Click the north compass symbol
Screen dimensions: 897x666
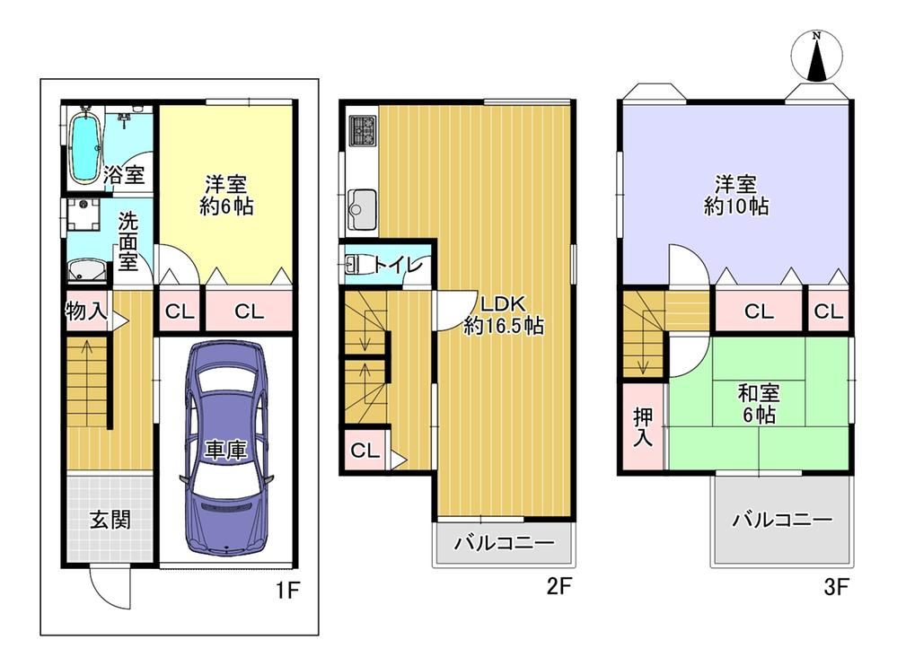[x=817, y=56]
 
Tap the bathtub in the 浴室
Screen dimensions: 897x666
[x=85, y=147]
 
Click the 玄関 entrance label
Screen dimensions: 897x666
[x=110, y=520]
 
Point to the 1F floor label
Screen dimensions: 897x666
[x=287, y=590]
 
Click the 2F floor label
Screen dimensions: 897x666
[x=558, y=586]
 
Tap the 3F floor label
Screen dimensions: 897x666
[x=836, y=586]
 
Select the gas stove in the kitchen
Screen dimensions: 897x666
[x=362, y=131]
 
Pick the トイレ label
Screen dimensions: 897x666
[x=398, y=266]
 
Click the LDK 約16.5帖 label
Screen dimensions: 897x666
[x=503, y=314]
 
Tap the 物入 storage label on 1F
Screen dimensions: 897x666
[x=86, y=311]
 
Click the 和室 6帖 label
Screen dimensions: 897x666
[x=759, y=404]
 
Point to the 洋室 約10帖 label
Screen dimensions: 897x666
[x=736, y=195]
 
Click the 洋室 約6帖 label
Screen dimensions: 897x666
[x=226, y=195]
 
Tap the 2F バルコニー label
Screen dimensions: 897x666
[x=504, y=542]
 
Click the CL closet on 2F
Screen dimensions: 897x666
[x=365, y=450]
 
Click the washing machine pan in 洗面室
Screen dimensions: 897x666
[x=84, y=215]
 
